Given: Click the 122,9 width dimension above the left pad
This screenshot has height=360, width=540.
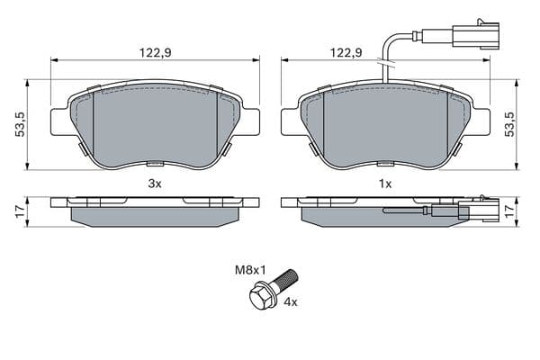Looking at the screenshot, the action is click(155, 53).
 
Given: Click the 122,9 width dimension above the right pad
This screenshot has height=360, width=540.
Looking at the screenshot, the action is click(346, 53).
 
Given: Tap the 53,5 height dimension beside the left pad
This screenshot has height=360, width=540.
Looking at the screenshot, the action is click(21, 124).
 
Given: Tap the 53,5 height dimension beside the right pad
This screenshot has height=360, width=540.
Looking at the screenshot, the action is click(509, 124).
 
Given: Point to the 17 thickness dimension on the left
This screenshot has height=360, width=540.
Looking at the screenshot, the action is click(21, 211).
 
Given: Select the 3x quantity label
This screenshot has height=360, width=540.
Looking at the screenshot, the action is click(155, 184).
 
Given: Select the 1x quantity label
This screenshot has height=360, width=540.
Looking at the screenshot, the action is click(385, 184).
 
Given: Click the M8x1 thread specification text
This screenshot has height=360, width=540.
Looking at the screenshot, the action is click(250, 270).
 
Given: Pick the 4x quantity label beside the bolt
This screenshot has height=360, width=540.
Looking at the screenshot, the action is click(290, 302).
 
